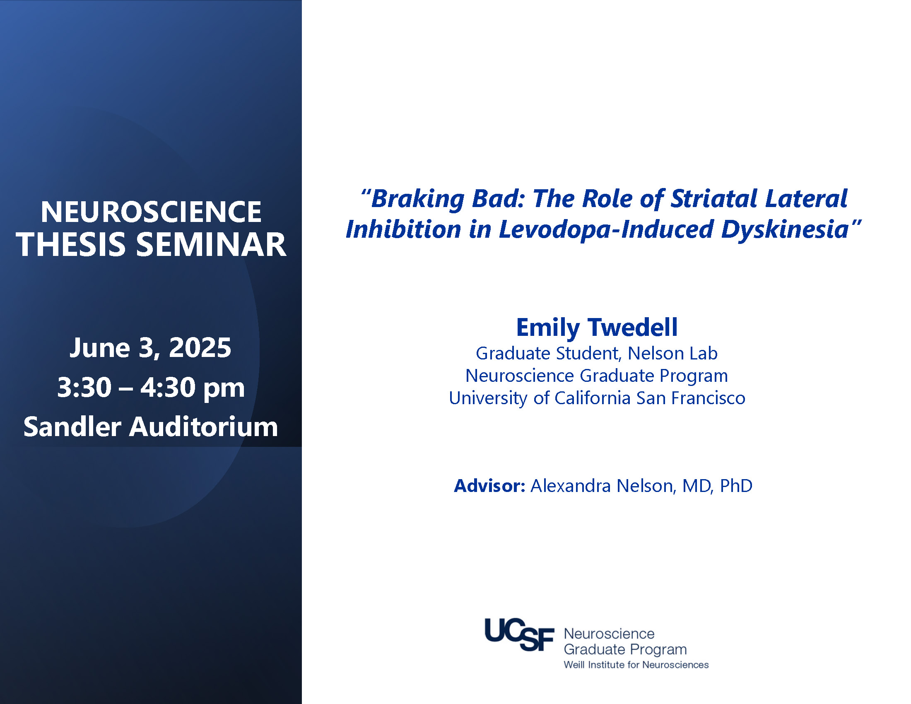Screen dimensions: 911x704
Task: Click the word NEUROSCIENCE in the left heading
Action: click(151, 212)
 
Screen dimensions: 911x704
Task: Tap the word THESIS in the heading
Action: click(71, 244)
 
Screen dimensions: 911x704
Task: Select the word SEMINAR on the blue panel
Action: click(211, 244)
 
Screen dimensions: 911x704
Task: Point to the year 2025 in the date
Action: click(200, 347)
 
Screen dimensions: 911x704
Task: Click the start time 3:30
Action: click(84, 387)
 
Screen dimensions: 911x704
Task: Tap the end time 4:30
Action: click(168, 387)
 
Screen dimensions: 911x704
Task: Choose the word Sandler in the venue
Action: click(72, 427)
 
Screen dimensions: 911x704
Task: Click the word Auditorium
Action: click(204, 427)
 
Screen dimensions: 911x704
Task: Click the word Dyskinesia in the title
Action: click(785, 230)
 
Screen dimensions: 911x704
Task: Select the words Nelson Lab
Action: click(672, 353)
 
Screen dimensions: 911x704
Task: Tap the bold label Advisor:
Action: click(489, 486)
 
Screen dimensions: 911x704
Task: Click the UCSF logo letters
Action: click(519, 634)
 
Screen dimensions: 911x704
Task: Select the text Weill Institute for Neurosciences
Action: click(636, 665)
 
